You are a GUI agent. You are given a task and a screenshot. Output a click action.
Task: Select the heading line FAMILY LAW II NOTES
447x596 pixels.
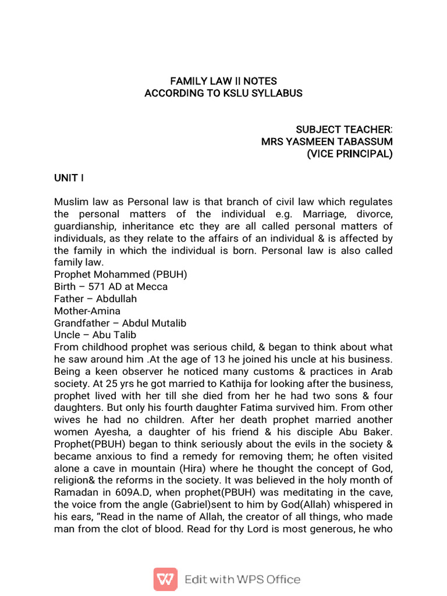point(223,81)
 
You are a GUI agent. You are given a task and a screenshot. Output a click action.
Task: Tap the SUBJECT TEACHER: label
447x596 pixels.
point(343,129)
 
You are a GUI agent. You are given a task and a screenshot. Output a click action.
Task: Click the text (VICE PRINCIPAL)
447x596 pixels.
point(349,154)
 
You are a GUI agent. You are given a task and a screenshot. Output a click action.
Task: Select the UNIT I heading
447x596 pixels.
point(69,178)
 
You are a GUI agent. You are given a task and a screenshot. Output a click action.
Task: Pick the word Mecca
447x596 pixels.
point(154,286)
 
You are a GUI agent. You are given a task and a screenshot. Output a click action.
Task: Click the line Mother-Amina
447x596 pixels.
point(87,311)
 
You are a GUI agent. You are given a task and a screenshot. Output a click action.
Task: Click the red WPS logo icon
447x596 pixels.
point(165,579)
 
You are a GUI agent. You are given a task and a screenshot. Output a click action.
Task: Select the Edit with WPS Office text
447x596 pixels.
point(242,579)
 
